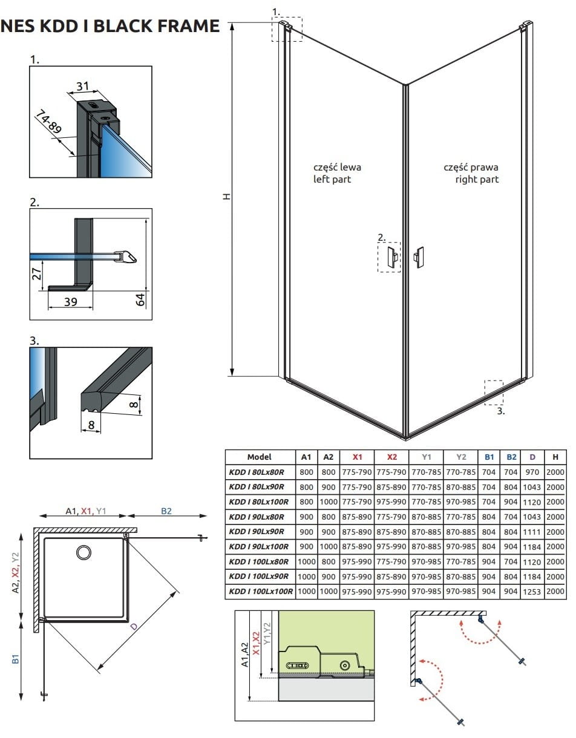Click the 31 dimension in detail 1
83,87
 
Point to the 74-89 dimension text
49,122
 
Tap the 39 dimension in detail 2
71,302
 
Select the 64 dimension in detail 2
140,299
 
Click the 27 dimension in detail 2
37,274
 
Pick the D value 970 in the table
532,472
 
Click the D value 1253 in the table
532,592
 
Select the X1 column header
357,457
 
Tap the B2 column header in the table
511,457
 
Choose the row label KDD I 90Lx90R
257,532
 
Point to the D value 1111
532,532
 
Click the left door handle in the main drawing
393,256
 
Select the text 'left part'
332,179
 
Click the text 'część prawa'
471,168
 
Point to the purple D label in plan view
134,626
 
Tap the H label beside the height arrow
226,197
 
